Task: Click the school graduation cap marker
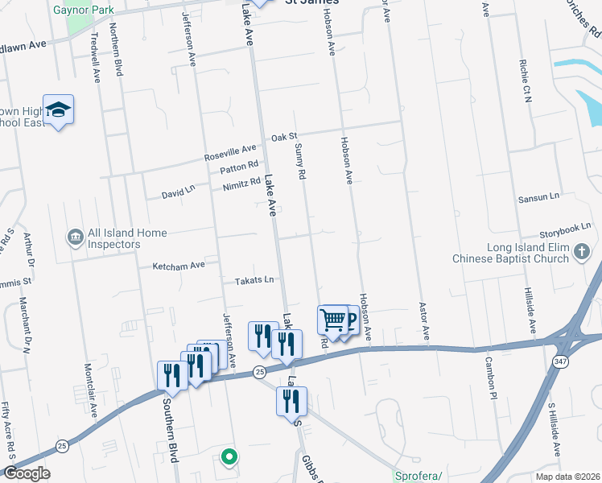click(x=59, y=110)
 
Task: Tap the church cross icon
click(x=582, y=253)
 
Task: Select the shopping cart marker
click(x=332, y=320)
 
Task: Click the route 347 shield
click(x=561, y=363)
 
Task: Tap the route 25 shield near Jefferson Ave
click(x=259, y=372)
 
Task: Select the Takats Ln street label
click(x=254, y=280)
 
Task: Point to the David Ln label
click(x=178, y=193)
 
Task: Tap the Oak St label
click(x=284, y=138)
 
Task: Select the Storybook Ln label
click(x=565, y=229)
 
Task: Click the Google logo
click(x=27, y=473)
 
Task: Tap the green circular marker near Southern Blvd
click(x=229, y=457)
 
